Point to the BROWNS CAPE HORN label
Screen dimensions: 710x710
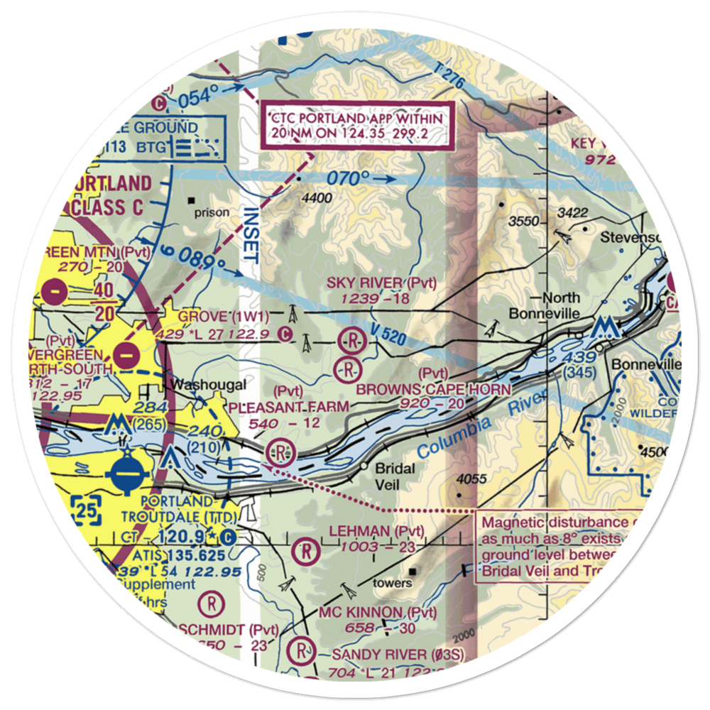433,389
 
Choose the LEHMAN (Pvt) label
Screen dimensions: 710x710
376,531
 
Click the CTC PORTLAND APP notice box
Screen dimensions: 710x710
358,126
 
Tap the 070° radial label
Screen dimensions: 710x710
349,177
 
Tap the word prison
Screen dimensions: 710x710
212,212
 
